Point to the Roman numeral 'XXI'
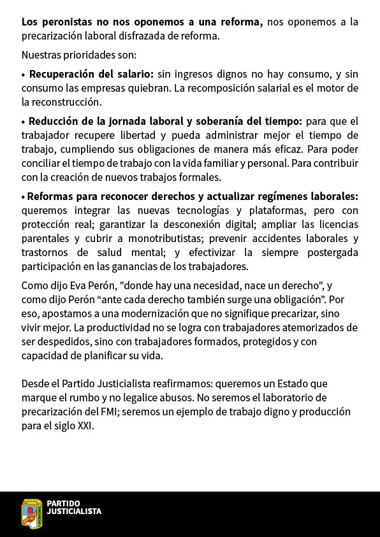coord(84,426)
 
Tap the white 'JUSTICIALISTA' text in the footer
coord(74,512)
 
